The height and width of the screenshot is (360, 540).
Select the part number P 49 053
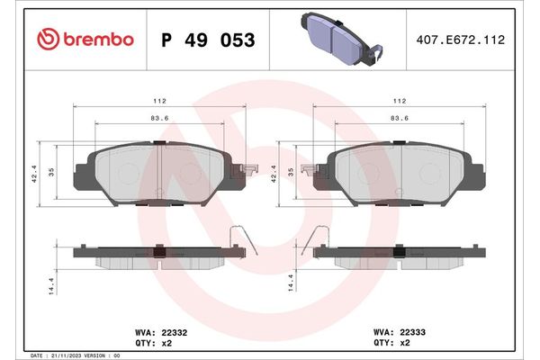(x=207, y=40)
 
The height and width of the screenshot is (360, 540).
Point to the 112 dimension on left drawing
(x=158, y=102)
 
